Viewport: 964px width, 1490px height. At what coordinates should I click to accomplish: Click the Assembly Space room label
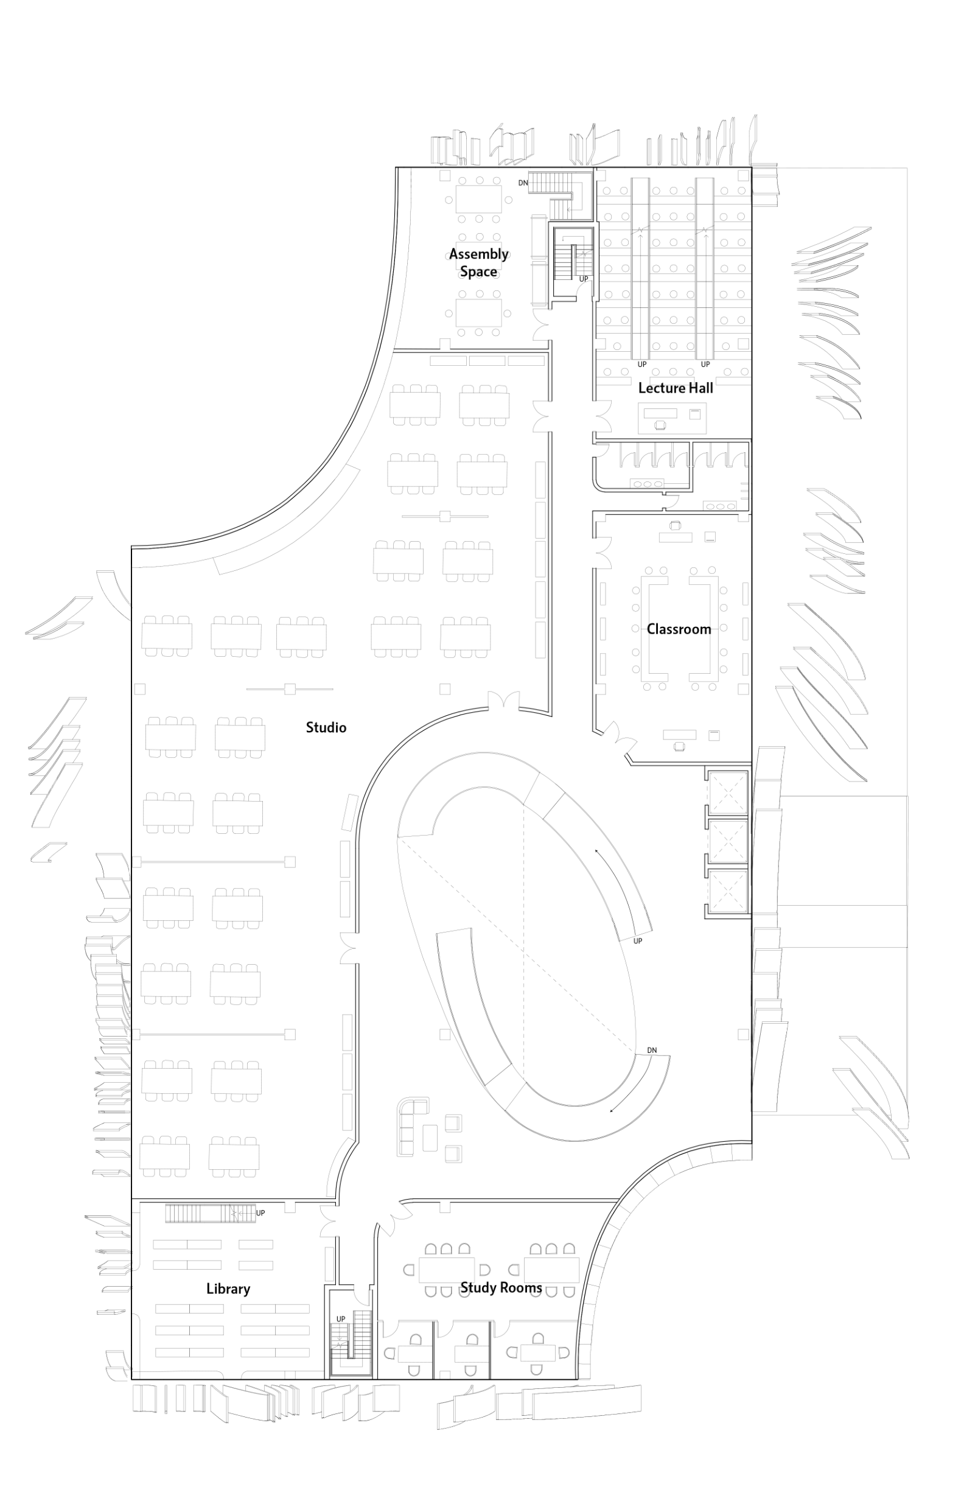click(x=479, y=263)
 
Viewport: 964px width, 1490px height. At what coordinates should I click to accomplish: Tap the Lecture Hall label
click(x=676, y=388)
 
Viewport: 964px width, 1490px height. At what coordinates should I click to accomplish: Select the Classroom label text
click(x=679, y=629)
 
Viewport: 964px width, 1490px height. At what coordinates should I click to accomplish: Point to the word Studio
click(x=326, y=727)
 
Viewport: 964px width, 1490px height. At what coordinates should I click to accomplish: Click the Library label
click(x=228, y=1289)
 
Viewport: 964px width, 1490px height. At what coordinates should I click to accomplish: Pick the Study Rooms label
click(x=501, y=1288)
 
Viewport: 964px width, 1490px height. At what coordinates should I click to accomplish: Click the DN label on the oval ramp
click(x=652, y=1051)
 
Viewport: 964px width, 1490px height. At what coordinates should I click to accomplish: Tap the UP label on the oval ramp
click(x=638, y=941)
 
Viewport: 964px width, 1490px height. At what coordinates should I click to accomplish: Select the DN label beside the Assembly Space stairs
click(x=523, y=183)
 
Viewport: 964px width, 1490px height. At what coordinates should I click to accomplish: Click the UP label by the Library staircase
click(x=260, y=1213)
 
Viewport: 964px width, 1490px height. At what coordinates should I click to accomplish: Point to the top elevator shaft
click(x=728, y=792)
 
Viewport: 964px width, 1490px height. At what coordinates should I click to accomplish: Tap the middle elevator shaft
click(x=728, y=842)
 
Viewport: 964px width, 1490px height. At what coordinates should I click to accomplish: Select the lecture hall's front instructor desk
click(x=672, y=418)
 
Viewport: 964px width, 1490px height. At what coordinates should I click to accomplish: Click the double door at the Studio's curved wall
click(x=504, y=701)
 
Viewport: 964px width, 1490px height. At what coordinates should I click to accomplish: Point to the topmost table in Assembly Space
click(x=479, y=198)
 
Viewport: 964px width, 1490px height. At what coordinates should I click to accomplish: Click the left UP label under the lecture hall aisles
click(x=641, y=365)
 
